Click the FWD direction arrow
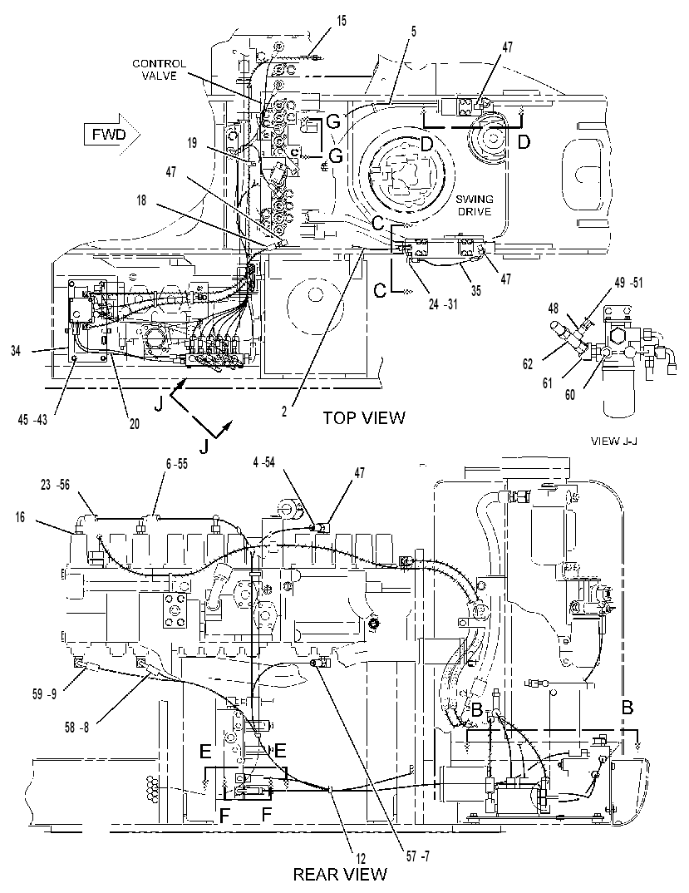pyautogui.click(x=112, y=135)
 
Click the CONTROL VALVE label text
pyautogui.click(x=159, y=70)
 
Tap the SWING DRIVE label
pyautogui.click(x=475, y=205)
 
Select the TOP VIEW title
pyautogui.click(x=364, y=417)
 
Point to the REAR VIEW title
pyautogui.click(x=340, y=874)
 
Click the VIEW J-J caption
pyautogui.click(x=614, y=440)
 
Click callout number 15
pyautogui.click(x=341, y=21)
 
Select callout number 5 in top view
pyautogui.click(x=413, y=32)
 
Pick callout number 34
pyautogui.click(x=15, y=352)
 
